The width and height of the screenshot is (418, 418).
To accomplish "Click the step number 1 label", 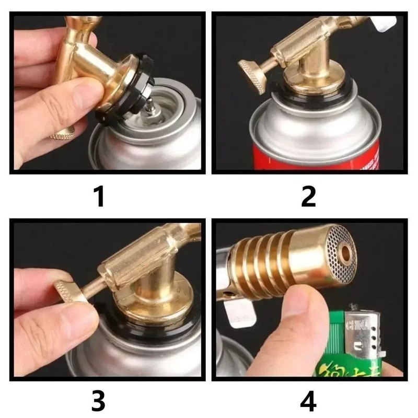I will tap(99, 197).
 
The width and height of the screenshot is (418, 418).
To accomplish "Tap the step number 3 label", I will tap(99, 401).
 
